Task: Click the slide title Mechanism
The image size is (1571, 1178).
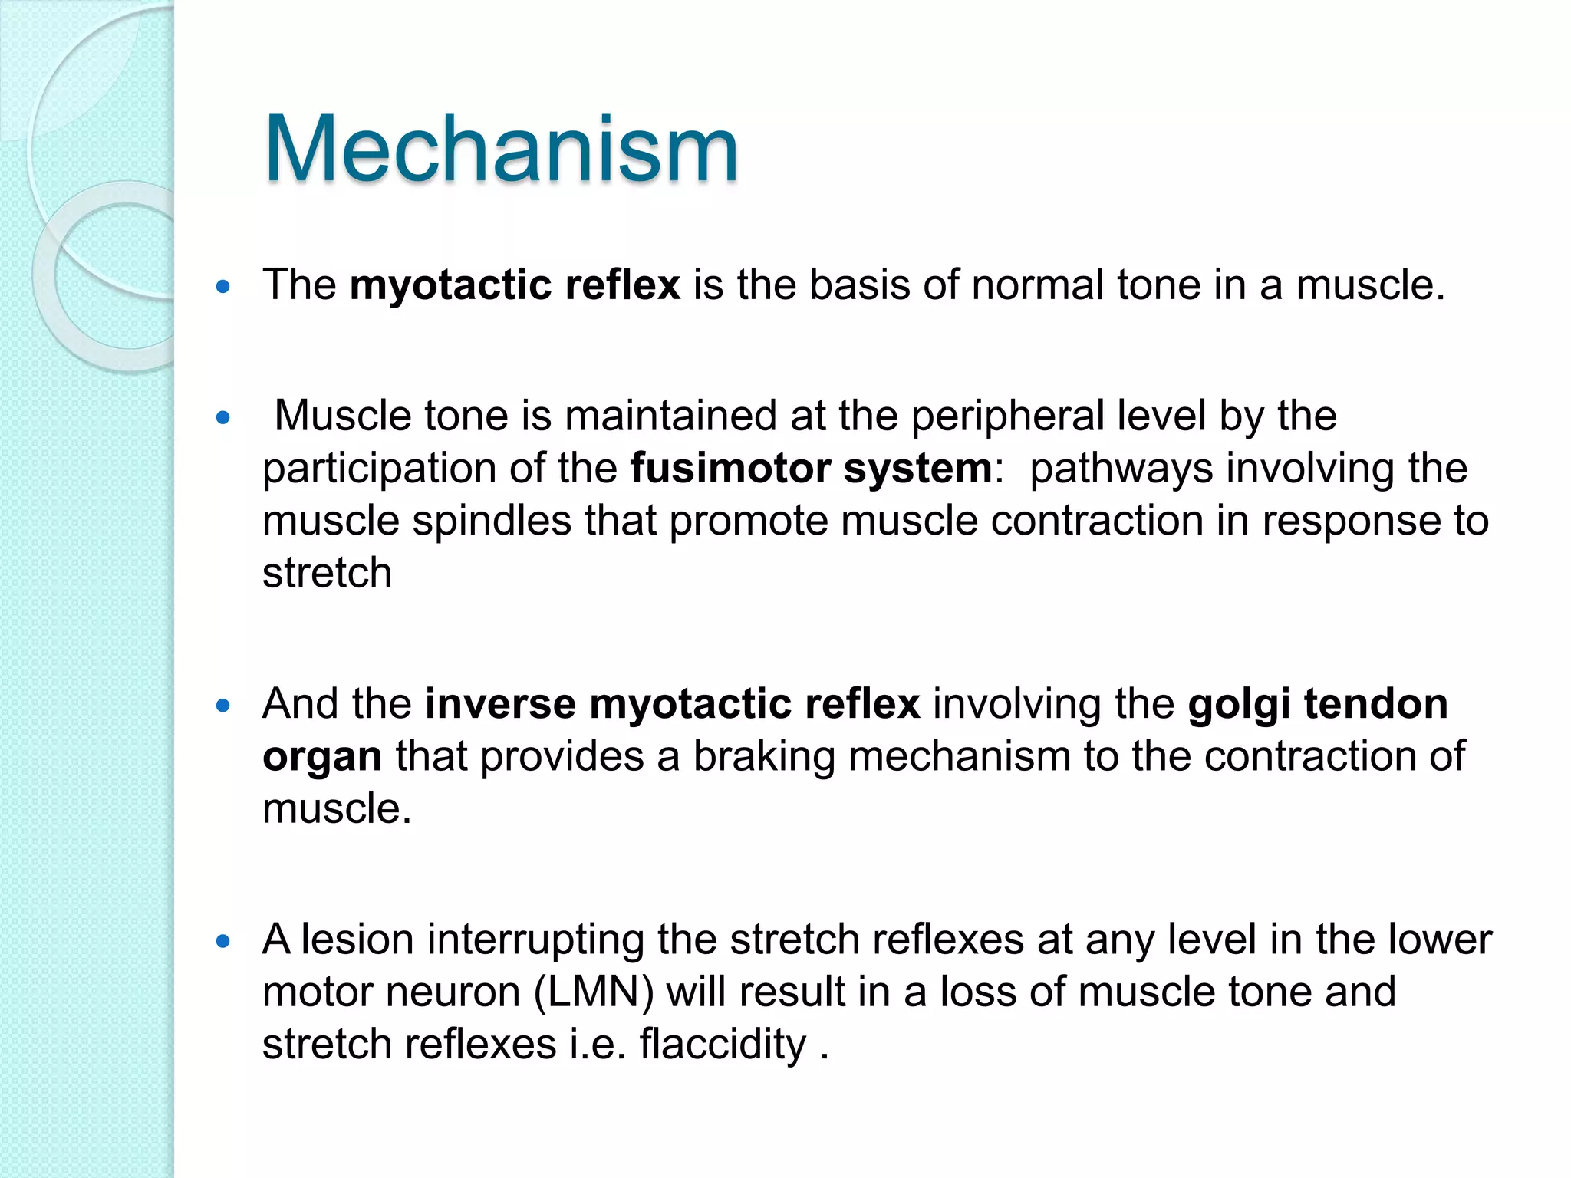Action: pos(500,149)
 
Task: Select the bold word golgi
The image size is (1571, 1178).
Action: pos(1239,705)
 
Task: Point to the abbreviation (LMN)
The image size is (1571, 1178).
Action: pos(593,992)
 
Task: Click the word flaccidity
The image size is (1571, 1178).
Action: pos(723,1044)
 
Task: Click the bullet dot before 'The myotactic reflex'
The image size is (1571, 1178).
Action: pos(223,288)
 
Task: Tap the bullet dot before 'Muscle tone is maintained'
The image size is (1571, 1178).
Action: pos(223,418)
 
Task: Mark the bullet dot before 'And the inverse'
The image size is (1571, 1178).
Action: pos(223,706)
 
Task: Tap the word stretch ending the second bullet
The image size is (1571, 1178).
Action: pos(327,573)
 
